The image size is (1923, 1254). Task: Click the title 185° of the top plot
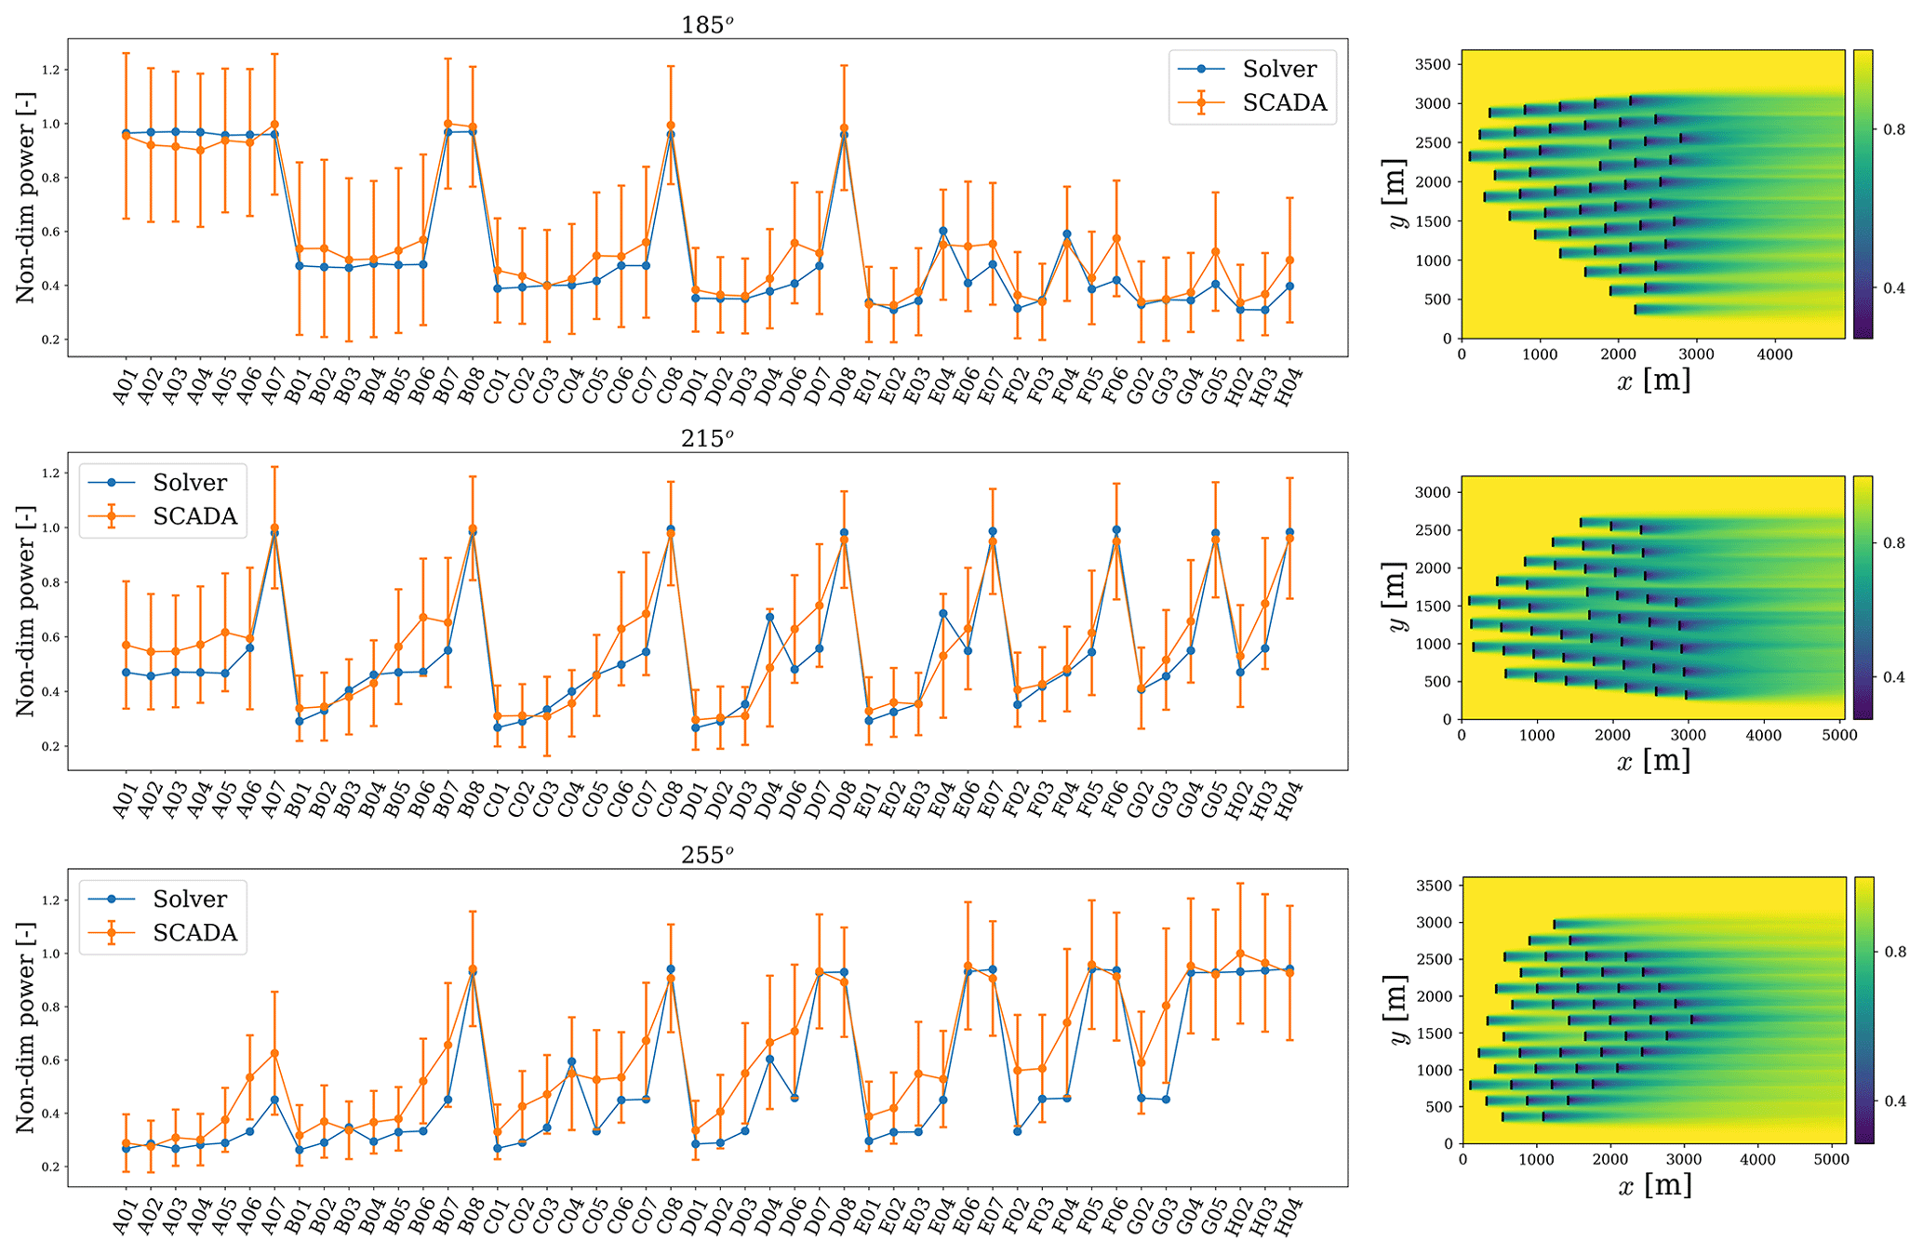(706, 25)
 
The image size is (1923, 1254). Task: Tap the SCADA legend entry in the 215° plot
(194, 516)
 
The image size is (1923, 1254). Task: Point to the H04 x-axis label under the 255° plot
(1289, 1215)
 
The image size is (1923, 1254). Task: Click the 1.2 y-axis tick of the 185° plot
(50, 70)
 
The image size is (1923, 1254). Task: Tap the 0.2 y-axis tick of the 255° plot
(50, 1167)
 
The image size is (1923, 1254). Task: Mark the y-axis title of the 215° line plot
(25, 610)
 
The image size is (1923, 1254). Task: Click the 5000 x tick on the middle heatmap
(1838, 736)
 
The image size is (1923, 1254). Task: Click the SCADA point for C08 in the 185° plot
(670, 126)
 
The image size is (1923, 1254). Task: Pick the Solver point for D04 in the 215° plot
(769, 617)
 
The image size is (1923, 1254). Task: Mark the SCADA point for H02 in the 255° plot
(1239, 954)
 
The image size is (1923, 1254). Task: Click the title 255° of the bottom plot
(706, 855)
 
